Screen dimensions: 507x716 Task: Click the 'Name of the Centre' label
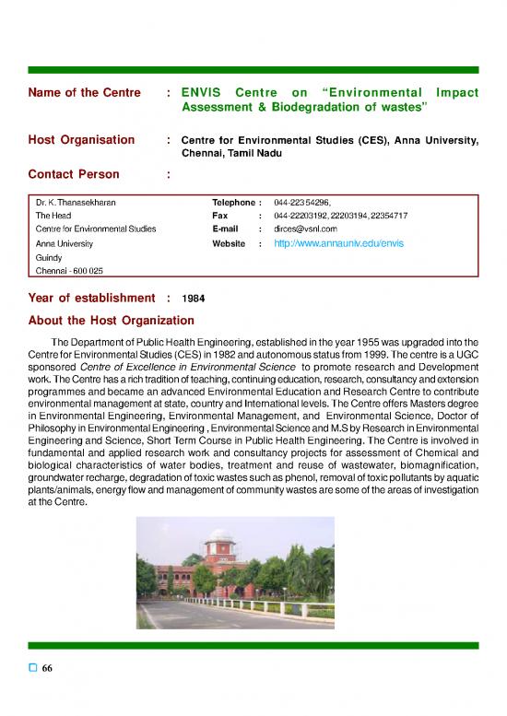pos(85,93)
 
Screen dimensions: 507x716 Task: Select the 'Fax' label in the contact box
pos(220,215)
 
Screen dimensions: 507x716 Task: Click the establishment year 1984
pos(194,299)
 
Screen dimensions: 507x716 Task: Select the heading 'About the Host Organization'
pos(112,321)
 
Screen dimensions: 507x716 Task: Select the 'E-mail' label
pos(227,229)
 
